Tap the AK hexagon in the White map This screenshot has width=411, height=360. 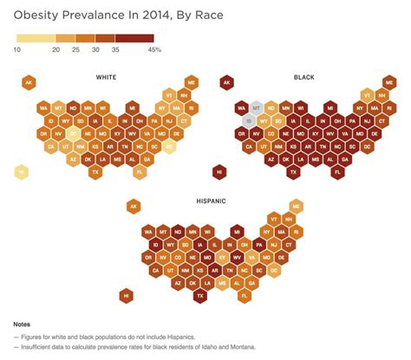pyautogui.click(x=29, y=83)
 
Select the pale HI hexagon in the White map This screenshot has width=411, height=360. pyautogui.click(x=20, y=173)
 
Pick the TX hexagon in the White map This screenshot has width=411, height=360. pyautogui.click(x=95, y=173)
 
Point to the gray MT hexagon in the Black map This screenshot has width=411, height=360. pyautogui.click(x=256, y=108)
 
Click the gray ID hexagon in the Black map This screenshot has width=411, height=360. pyautogui.click(x=250, y=121)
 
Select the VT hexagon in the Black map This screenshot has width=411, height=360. pyautogui.click(x=368, y=95)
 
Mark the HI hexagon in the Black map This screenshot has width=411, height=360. pyautogui.click(x=219, y=173)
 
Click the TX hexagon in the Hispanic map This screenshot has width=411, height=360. pyautogui.click(x=200, y=296)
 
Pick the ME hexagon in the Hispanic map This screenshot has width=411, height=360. pyautogui.click(x=297, y=206)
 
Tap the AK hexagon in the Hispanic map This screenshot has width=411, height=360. pyautogui.click(x=134, y=206)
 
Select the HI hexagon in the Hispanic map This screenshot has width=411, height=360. pyautogui.click(x=127, y=296)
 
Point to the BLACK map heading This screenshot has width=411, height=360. pyautogui.click(x=303, y=77)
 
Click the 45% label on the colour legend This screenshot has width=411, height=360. pyautogui.click(x=154, y=49)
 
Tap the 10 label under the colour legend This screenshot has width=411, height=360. pyautogui.click(x=17, y=49)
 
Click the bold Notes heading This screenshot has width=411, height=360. pyautogui.click(x=23, y=323)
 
